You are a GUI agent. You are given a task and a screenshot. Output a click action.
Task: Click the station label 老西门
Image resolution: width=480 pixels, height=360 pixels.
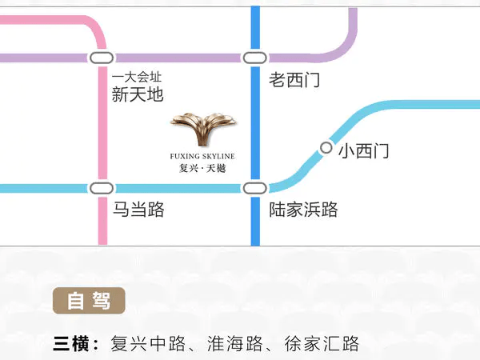coord(294,80)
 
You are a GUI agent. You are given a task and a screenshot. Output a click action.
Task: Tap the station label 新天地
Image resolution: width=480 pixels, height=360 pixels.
coord(138,94)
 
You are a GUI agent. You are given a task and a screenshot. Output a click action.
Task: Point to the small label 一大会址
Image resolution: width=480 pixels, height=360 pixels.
coord(137,77)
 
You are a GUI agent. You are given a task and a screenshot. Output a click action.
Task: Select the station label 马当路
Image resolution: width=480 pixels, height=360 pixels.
coord(138,210)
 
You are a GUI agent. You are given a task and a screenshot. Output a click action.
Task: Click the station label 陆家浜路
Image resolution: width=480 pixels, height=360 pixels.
coord(303,210)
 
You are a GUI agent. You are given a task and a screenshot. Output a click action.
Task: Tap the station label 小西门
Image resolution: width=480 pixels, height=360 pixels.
coord(364,150)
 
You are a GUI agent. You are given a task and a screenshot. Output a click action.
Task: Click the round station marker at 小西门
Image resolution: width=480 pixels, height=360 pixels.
coord(326,148)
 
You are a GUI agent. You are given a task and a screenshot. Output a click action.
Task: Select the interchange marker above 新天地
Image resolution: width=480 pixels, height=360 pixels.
coord(102,58)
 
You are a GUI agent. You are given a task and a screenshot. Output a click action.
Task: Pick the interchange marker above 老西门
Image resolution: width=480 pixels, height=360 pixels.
coord(255,58)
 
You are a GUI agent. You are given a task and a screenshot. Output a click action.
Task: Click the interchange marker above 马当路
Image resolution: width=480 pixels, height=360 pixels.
coord(102,188)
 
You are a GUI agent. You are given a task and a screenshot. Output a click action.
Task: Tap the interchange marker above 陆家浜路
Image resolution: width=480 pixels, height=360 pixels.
coord(255,188)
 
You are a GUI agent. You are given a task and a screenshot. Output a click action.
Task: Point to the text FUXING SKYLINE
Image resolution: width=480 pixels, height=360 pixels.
coord(202,156)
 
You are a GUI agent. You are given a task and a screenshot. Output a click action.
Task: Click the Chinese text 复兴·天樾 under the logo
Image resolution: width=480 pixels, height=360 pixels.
coord(202,168)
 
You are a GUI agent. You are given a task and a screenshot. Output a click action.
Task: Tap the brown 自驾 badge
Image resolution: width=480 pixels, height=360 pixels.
coord(89,301)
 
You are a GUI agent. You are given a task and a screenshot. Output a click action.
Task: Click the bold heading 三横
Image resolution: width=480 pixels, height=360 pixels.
coord(71,343)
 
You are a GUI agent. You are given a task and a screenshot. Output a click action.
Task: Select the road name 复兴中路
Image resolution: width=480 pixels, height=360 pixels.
coord(148,343)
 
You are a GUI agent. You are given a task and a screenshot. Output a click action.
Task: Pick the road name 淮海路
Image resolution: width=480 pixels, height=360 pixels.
coord(234,343)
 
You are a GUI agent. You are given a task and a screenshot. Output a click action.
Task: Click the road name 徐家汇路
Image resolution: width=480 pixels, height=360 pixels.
coord(322,343)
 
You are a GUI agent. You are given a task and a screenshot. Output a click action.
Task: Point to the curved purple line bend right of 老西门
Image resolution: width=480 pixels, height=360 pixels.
coord(343,48)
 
